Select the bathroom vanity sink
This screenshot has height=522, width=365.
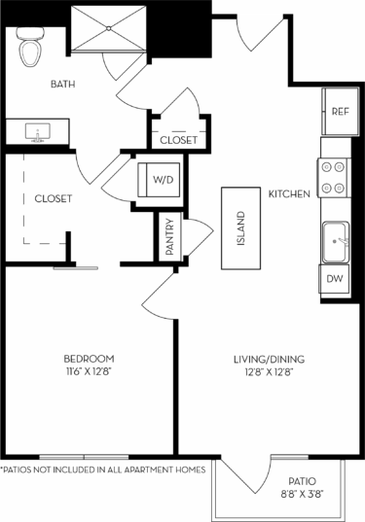[x=40, y=130]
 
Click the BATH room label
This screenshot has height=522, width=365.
[x=63, y=85]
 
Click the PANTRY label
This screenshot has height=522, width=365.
[x=169, y=236]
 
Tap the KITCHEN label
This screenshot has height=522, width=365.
[x=289, y=194]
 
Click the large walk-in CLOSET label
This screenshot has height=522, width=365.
[x=54, y=198]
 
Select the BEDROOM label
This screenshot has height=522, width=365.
[x=90, y=357]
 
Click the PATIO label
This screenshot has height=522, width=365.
[x=300, y=481]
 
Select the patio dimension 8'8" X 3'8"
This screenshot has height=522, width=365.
[x=300, y=495]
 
